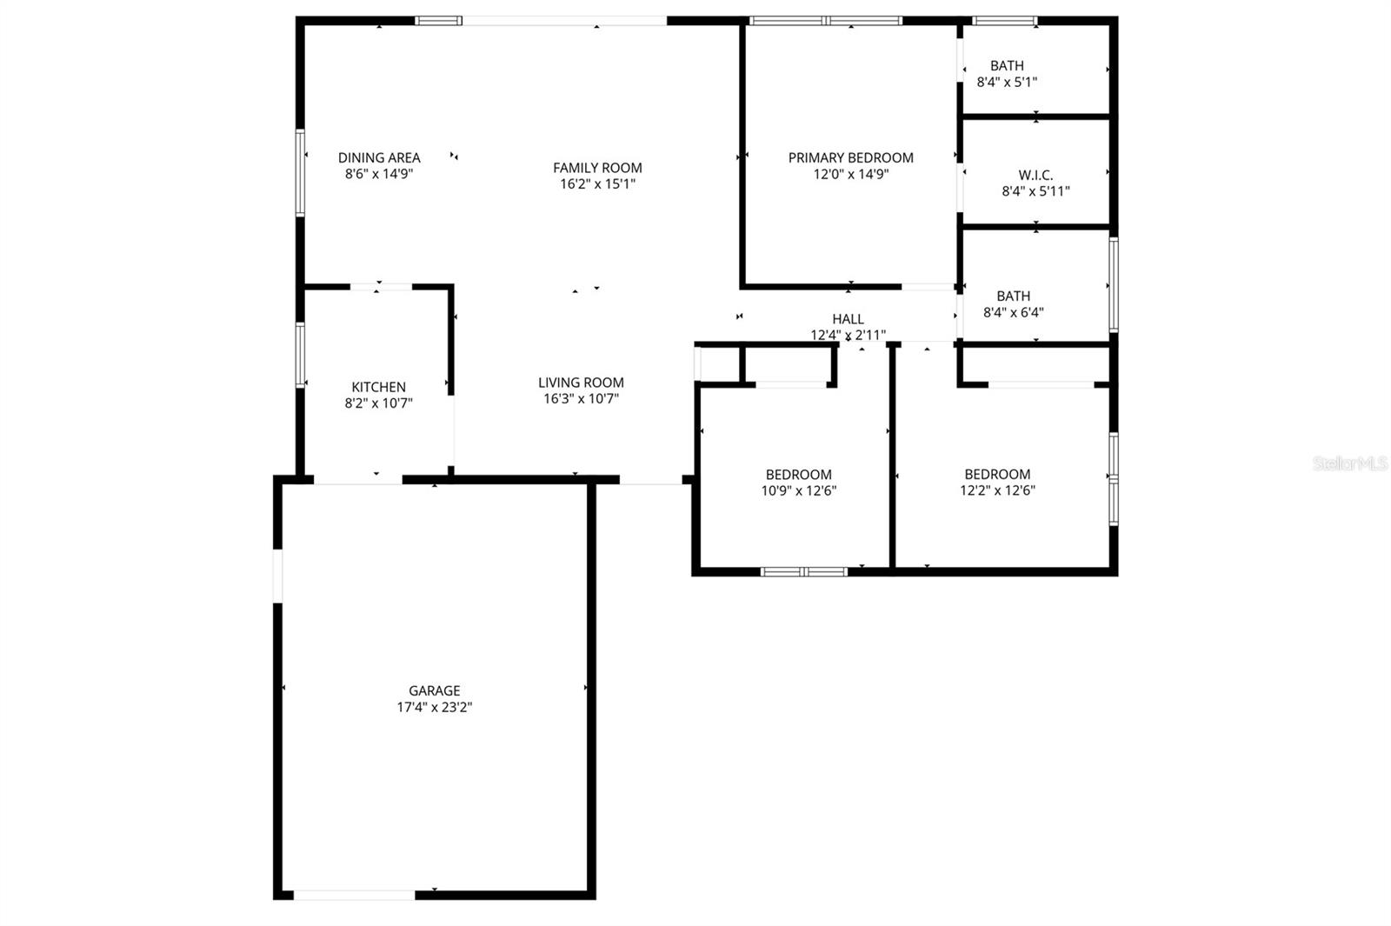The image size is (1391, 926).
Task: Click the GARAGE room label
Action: click(435, 691)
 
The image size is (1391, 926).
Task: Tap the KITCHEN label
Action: click(378, 387)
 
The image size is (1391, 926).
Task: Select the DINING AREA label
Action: click(379, 157)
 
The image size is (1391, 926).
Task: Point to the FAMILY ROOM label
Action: click(597, 168)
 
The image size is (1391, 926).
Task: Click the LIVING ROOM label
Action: click(581, 383)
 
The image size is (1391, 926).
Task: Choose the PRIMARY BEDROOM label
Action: click(850, 157)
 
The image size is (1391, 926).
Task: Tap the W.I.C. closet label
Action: click(1035, 175)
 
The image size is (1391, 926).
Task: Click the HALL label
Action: click(848, 319)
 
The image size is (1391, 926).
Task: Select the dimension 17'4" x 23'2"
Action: click(435, 708)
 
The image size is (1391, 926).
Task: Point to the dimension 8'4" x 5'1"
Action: click(1007, 83)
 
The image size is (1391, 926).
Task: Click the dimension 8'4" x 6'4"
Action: click(1013, 312)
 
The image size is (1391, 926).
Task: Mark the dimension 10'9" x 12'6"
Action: click(798, 490)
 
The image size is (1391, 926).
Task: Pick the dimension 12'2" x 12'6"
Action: click(997, 490)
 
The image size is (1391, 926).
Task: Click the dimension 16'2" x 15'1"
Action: click(597, 184)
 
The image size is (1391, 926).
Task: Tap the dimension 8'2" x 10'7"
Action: click(378, 403)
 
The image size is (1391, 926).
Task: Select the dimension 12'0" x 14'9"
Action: click(850, 174)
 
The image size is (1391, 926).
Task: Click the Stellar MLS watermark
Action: click(1350, 463)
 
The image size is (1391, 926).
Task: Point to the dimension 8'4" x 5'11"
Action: click(1035, 191)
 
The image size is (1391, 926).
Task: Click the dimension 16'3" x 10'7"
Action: click(581, 399)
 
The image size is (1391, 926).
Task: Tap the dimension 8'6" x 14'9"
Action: click(379, 174)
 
